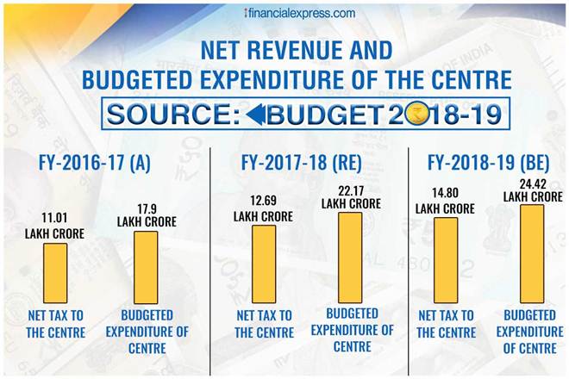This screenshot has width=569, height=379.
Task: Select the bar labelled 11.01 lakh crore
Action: (55, 273)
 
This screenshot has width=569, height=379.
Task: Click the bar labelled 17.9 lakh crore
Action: (146, 268)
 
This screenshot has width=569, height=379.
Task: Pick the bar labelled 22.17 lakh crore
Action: (350, 258)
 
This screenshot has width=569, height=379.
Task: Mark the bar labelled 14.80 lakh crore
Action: (447, 259)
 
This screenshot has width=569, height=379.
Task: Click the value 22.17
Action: (350, 190)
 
